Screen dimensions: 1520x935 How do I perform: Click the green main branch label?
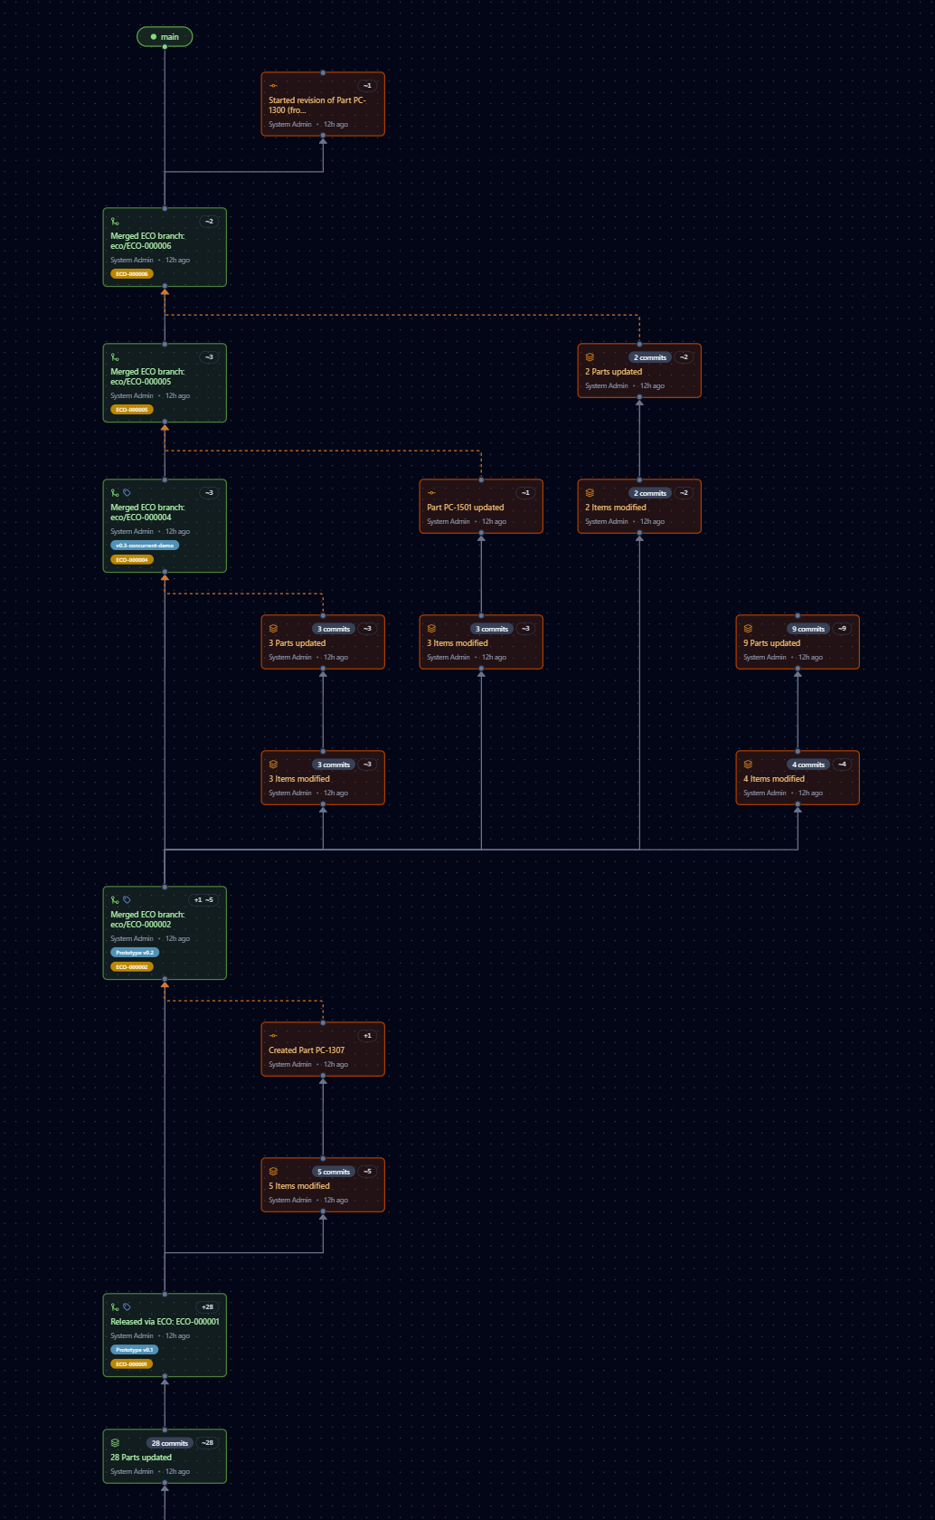[165, 37]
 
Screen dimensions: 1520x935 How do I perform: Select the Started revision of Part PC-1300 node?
[323, 104]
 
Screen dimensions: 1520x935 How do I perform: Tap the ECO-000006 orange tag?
[132, 274]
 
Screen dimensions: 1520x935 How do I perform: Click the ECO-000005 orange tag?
[132, 410]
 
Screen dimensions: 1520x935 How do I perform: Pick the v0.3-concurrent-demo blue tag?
[145, 546]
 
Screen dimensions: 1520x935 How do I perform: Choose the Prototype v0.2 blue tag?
[135, 953]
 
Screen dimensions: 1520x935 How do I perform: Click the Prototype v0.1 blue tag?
[134, 1350]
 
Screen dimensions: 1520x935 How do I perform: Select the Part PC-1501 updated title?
[465, 508]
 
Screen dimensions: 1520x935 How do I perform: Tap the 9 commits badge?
[808, 629]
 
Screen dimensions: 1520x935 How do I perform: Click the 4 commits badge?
[808, 765]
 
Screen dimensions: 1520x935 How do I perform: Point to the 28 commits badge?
[170, 1443]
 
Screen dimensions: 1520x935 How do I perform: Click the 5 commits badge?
[334, 1172]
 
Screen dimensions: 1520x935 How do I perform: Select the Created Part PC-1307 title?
[307, 1050]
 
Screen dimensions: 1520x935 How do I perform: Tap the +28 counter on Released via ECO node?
[207, 1307]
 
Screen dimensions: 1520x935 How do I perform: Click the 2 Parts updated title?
[613, 372]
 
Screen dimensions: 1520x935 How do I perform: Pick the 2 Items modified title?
[615, 508]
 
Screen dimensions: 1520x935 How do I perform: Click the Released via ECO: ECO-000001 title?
[165, 1322]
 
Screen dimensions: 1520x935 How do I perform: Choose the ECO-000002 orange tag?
[132, 967]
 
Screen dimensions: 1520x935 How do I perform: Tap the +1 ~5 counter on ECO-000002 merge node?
[203, 900]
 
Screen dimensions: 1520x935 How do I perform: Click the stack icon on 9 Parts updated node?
[748, 629]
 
